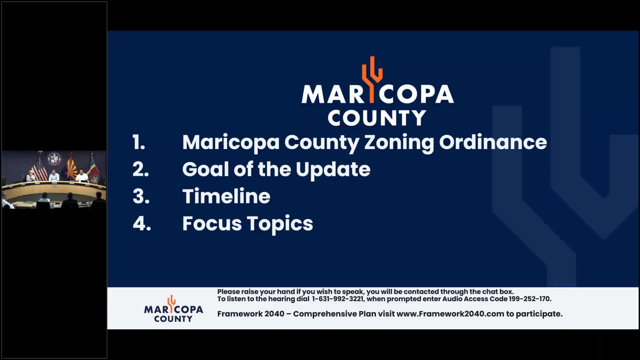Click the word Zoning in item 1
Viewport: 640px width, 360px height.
(399, 143)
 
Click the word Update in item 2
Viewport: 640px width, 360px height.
(333, 169)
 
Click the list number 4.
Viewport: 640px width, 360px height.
(142, 223)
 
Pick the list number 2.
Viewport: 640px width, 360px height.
(141, 169)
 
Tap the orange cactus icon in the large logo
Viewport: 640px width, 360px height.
(372, 79)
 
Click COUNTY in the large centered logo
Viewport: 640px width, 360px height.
(377, 118)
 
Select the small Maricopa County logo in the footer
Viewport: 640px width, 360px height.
(173, 309)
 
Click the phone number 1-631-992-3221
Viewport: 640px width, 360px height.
(338, 299)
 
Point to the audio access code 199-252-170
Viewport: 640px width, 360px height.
(529, 299)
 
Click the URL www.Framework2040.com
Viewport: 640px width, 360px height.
(450, 314)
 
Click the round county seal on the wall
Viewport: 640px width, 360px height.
(54, 159)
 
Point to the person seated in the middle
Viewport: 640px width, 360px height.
(54, 176)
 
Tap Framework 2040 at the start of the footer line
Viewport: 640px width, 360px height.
(251, 314)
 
